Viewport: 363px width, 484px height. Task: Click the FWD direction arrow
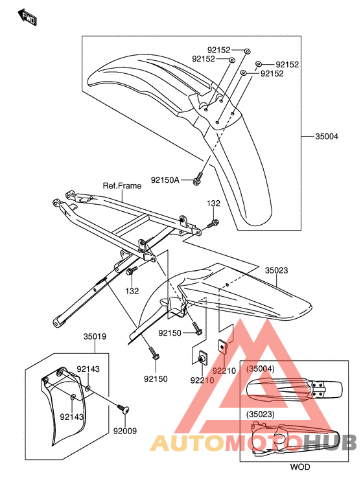tap(27, 17)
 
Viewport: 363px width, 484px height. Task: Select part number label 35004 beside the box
tap(327, 137)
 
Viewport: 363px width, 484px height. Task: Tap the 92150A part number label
tap(165, 179)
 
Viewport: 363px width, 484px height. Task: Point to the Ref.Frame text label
tap(122, 186)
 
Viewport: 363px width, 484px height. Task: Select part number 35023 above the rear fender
tap(276, 270)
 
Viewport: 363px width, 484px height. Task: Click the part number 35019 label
tap(95, 336)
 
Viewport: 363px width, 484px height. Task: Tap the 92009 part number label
tap(125, 431)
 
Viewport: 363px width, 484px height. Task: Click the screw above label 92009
tap(123, 408)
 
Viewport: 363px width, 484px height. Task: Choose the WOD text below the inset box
tap(299, 467)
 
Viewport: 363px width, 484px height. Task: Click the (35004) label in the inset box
tap(260, 369)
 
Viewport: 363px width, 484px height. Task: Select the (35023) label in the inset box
tap(260, 414)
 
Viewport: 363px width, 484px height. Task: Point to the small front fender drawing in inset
tap(294, 391)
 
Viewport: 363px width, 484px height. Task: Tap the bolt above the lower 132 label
tap(130, 271)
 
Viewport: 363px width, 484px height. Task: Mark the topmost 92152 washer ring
tap(247, 51)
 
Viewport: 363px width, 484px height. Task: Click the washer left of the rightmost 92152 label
tap(259, 64)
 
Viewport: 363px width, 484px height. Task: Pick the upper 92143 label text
tap(88, 369)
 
